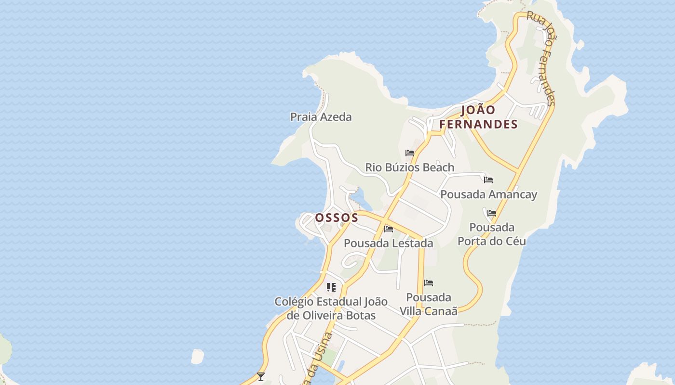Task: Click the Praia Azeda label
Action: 321,117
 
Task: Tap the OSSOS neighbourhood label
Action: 337,218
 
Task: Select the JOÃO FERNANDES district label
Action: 478,117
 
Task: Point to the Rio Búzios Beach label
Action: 409,167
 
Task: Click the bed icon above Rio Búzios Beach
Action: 410,154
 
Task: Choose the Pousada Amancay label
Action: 488,194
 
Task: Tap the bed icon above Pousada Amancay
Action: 488,180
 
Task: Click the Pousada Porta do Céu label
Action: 492,234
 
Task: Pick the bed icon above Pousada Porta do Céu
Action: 492,213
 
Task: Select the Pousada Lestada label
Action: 388,244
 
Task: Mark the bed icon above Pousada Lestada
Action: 389,229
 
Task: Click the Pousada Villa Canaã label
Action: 429,304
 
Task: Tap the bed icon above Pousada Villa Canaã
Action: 429,283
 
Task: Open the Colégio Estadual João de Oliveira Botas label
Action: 331,308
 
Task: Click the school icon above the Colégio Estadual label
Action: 331,287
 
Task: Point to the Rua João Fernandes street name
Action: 541,58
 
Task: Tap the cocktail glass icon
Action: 261,376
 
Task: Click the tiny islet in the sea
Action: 197,357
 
